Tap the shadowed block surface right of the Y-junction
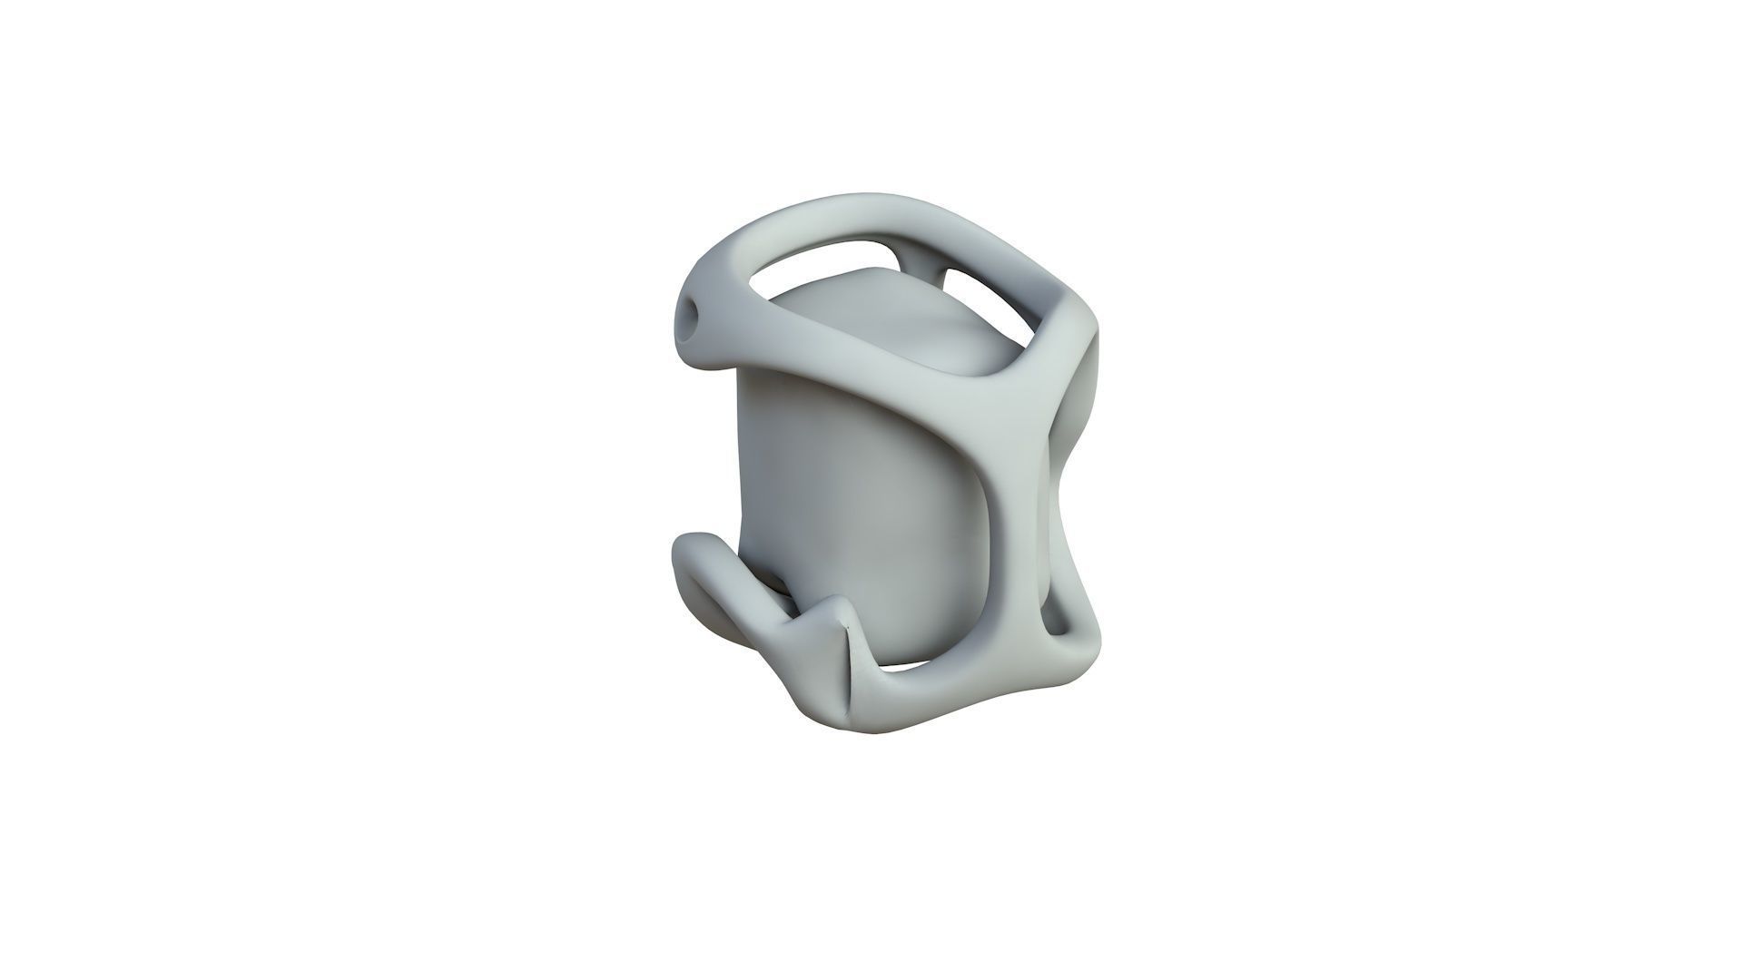[1080, 408]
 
